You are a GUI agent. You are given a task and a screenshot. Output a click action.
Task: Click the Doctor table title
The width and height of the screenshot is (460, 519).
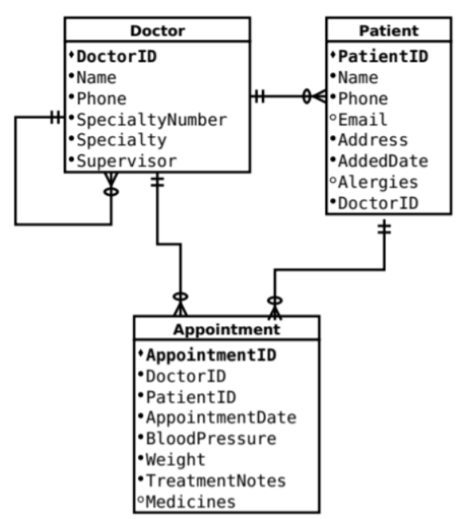(157, 31)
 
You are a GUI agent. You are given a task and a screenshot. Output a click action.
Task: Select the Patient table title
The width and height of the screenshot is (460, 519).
(388, 31)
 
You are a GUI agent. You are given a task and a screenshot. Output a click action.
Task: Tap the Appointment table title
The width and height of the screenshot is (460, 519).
(226, 329)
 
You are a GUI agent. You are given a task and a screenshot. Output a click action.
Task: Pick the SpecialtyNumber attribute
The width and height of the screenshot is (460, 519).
(151, 119)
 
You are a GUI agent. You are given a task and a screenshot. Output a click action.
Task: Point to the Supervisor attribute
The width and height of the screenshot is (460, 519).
(126, 161)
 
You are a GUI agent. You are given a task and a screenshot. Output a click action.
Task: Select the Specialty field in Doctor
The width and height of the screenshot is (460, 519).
(121, 140)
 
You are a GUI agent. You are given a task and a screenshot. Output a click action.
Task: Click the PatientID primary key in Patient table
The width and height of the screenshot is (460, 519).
(383, 57)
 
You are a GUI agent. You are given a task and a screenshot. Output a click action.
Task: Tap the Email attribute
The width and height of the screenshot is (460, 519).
(363, 119)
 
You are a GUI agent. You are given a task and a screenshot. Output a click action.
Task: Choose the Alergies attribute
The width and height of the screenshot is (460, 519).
(378, 182)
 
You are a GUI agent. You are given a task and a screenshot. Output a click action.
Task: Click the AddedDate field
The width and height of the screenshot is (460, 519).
(383, 161)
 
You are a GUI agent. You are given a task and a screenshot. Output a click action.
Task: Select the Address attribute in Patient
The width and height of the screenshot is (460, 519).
(373, 140)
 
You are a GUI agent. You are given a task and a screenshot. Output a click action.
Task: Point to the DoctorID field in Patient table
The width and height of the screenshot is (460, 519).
(378, 203)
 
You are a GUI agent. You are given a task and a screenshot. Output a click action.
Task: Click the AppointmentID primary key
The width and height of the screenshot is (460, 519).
(211, 355)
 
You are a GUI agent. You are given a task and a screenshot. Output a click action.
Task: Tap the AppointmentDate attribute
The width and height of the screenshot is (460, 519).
(221, 417)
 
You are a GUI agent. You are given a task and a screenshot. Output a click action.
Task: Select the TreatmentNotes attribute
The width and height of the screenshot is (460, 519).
(215, 480)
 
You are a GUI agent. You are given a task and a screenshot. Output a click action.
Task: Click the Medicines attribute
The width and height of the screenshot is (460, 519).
(190, 502)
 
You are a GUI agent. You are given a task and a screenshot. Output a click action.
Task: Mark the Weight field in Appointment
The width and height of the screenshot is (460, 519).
(175, 460)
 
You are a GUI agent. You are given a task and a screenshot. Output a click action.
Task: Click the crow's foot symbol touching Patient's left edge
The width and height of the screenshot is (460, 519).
(318, 97)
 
